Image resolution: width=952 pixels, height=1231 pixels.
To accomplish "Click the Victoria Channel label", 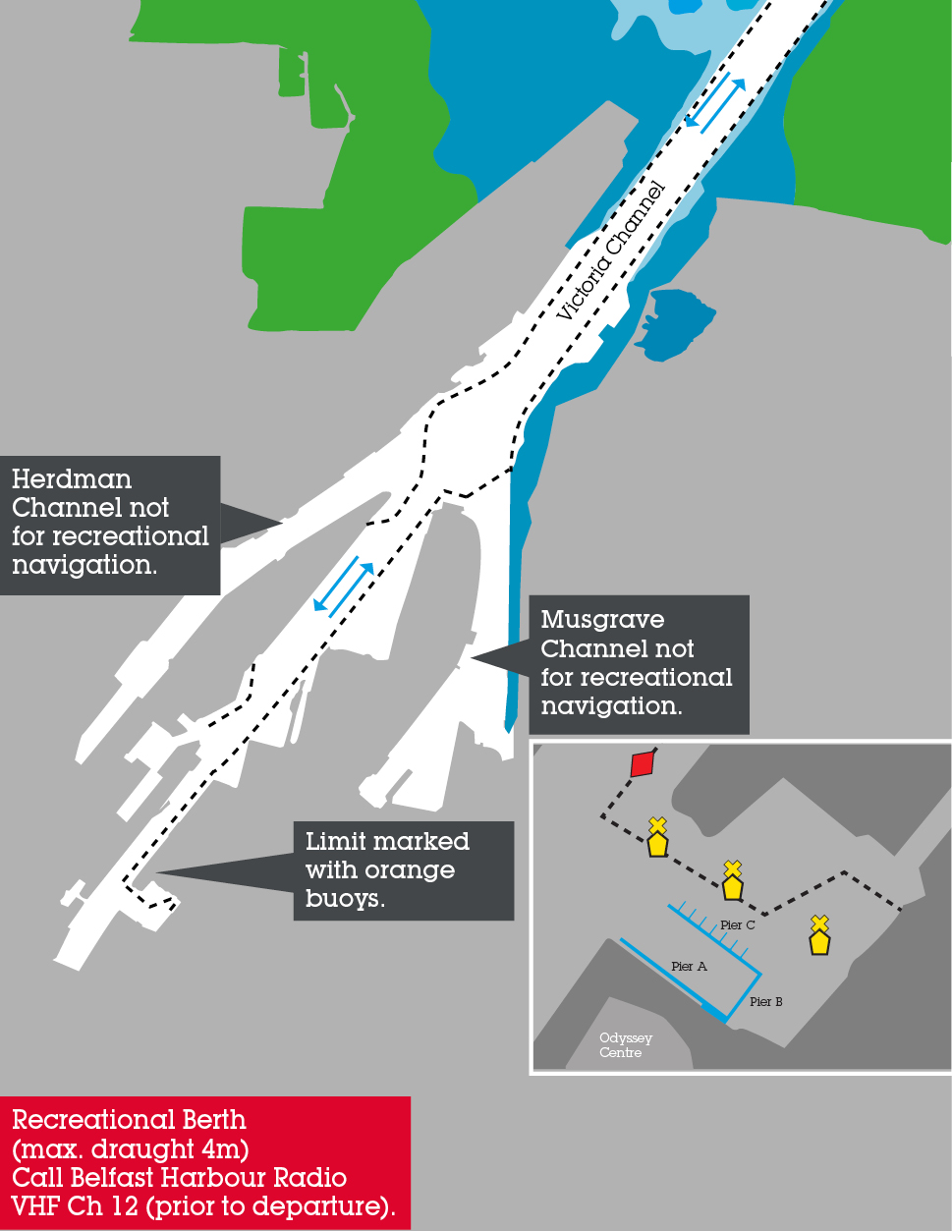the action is pyautogui.click(x=610, y=252).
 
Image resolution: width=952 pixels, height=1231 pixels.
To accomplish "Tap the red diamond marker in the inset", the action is pyautogui.click(x=643, y=764).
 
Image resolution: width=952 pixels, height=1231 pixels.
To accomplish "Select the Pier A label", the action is pyautogui.click(x=689, y=966).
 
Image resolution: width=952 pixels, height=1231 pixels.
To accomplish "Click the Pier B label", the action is pyautogui.click(x=765, y=1001).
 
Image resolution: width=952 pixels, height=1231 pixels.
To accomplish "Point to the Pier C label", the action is pyautogui.click(x=738, y=924).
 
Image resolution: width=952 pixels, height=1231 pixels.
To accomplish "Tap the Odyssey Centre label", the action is pyautogui.click(x=625, y=1045).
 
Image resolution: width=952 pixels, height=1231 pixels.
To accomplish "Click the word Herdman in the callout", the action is pyautogui.click(x=72, y=479).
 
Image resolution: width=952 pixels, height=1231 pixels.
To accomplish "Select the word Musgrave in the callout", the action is pyautogui.click(x=602, y=619).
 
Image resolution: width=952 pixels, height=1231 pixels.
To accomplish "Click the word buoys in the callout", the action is pyautogui.click(x=345, y=899).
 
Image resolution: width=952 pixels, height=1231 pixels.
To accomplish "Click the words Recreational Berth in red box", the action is pyautogui.click(x=129, y=1120).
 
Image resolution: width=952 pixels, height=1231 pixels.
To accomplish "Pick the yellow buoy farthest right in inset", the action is pyautogui.click(x=819, y=935).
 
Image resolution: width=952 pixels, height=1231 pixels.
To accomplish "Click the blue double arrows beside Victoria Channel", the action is pyautogui.click(x=714, y=106).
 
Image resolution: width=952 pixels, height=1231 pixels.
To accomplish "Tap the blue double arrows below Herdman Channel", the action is pyautogui.click(x=344, y=587).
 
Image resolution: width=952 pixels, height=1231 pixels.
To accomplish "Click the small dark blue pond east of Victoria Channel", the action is pyautogui.click(x=675, y=324).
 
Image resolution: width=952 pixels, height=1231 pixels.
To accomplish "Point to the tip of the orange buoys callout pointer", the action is pyautogui.click(x=157, y=873).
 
